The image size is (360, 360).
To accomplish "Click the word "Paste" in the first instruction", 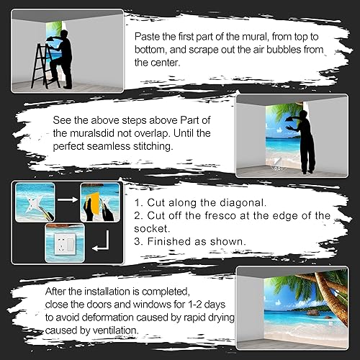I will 148,35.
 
